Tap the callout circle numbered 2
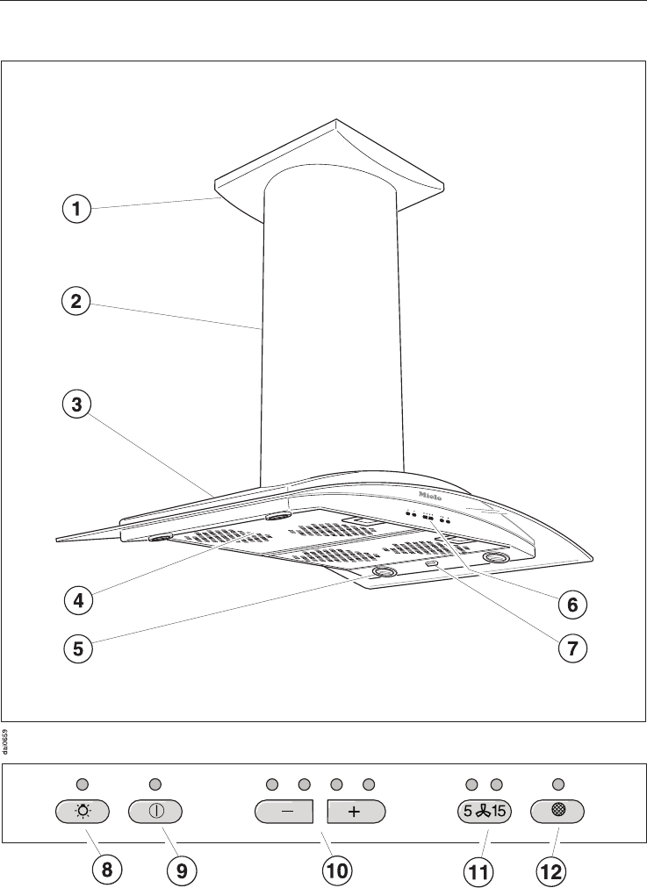click(77, 303)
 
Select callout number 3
click(77, 405)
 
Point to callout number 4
click(77, 601)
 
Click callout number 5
click(77, 649)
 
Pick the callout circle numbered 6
click(572, 604)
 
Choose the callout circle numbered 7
click(572, 650)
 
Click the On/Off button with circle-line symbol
click(156, 811)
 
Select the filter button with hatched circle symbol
click(557, 811)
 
